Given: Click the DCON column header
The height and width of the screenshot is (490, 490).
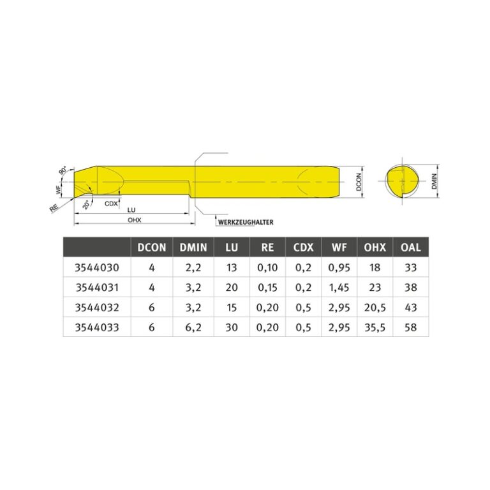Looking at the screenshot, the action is tap(152, 248).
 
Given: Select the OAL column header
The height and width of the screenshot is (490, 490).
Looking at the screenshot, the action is tap(411, 248).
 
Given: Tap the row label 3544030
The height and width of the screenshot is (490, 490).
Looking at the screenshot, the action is tap(97, 268).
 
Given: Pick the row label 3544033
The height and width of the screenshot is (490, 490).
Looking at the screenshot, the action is tap(97, 327).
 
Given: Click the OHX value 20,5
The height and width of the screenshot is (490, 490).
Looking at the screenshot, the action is tap(375, 308).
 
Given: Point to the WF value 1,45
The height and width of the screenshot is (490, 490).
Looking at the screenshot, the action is tap(339, 288).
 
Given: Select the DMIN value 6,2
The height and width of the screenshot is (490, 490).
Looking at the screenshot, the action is tap(193, 327).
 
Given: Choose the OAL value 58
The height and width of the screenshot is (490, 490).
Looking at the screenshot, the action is tap(411, 327).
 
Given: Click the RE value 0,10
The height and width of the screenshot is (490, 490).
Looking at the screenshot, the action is tap(267, 268).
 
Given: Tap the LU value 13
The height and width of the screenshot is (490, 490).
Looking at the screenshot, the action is tap(232, 268).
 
